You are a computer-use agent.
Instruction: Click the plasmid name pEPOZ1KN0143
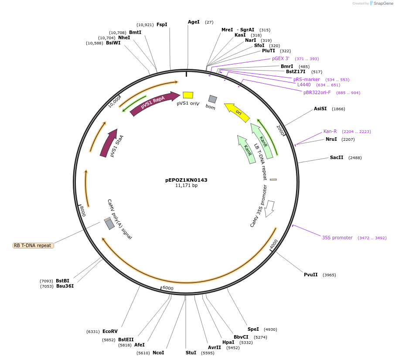coord(186,180)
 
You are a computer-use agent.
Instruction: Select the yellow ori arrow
coord(237,112)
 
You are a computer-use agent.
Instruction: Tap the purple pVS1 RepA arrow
coord(154,103)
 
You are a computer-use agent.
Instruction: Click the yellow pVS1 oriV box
coord(188,95)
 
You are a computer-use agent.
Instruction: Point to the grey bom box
coord(212,99)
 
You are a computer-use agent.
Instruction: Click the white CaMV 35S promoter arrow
coord(270,208)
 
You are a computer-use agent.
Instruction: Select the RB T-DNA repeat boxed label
coord(33,245)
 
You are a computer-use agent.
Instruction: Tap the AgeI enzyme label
coord(194,22)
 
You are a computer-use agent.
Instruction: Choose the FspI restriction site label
coord(162,24)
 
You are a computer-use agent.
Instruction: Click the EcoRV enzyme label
coord(110,331)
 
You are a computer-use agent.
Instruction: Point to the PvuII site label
coord(311,275)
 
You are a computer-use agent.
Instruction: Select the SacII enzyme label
coord(337,157)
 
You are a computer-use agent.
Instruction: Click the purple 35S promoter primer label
coord(337,238)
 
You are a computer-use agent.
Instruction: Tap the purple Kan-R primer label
coord(330,131)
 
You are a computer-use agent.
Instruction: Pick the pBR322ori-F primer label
coord(317,92)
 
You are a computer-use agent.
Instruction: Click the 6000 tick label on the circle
coord(167,288)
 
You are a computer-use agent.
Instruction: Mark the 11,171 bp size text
coord(186,186)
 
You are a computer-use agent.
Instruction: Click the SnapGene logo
coord(381,3)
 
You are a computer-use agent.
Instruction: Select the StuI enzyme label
coord(191,353)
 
